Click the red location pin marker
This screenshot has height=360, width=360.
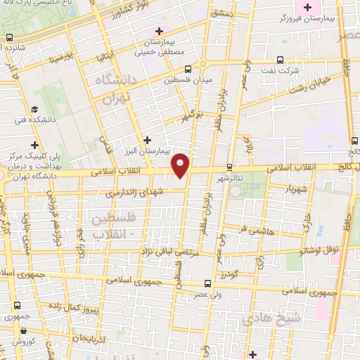pyautogui.click(x=181, y=165)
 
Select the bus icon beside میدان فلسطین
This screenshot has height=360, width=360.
pyautogui.click(x=188, y=69)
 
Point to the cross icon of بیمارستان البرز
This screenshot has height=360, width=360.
pyautogui.click(x=147, y=139)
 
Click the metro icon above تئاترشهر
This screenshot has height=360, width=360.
pyautogui.click(x=230, y=167)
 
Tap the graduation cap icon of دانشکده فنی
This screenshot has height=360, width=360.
pyautogui.click(x=34, y=109)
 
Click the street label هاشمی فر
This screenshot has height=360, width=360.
pyautogui.click(x=252, y=229)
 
